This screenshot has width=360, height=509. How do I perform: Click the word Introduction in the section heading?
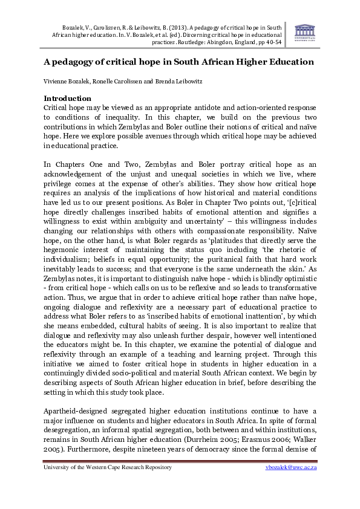pos(67,98)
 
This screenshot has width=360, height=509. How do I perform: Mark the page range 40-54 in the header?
pos(272,42)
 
